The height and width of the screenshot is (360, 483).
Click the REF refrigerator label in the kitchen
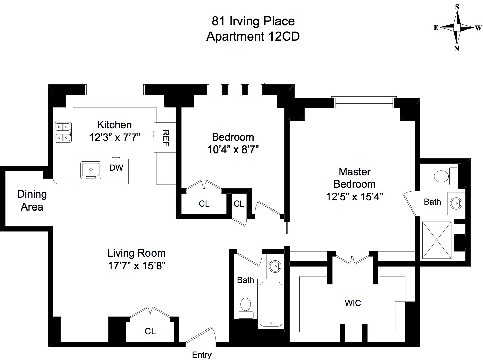click(166, 138)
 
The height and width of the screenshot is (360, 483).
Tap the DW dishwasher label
click(116, 168)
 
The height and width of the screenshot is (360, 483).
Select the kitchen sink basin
click(90, 170)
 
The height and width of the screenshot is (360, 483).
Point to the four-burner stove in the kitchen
click(63, 132)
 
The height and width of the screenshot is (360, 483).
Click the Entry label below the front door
click(202, 355)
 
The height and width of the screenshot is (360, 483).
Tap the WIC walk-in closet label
click(353, 303)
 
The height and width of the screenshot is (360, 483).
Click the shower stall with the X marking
click(437, 240)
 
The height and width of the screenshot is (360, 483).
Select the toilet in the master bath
click(445, 176)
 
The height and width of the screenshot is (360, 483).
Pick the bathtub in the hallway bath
click(271, 304)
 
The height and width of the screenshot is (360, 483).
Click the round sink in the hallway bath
click(275, 266)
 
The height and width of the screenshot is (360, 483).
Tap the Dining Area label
click(32, 200)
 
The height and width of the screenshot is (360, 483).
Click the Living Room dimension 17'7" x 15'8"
click(136, 266)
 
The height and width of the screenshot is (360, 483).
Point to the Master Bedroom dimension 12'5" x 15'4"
click(355, 197)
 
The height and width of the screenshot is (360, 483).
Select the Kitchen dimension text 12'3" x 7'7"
click(115, 138)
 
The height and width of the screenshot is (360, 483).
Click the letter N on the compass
click(457, 48)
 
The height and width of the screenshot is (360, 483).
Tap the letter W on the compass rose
click(478, 28)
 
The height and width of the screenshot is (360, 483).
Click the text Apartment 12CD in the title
click(253, 36)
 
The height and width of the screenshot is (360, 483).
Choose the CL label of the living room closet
click(150, 331)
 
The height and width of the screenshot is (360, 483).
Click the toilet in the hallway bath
click(246, 308)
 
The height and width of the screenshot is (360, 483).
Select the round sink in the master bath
click(456, 203)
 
